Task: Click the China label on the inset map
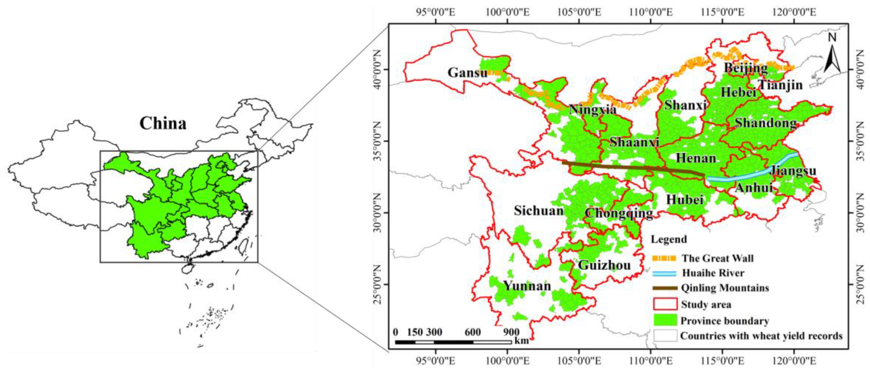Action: pyautogui.click(x=163, y=124)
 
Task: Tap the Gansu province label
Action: pyautogui.click(x=467, y=72)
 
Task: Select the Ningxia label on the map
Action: pyautogui.click(x=592, y=110)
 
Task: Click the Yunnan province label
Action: pyautogui.click(x=527, y=286)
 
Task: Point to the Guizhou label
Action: pyautogui.click(x=604, y=265)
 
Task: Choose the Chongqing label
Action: pyautogui.click(x=619, y=213)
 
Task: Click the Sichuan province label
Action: pyautogui.click(x=539, y=211)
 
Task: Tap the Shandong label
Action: pyautogui.click(x=766, y=123)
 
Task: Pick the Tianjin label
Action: pyautogui.click(x=780, y=85)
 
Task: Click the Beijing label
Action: pyautogui.click(x=746, y=68)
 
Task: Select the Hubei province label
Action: pyautogui.click(x=685, y=200)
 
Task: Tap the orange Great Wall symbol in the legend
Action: pyautogui.click(x=664, y=258)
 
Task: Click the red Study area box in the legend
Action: pyautogui.click(x=665, y=304)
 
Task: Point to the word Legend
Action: pyautogui.click(x=669, y=239)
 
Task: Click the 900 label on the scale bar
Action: pyautogui.click(x=511, y=332)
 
